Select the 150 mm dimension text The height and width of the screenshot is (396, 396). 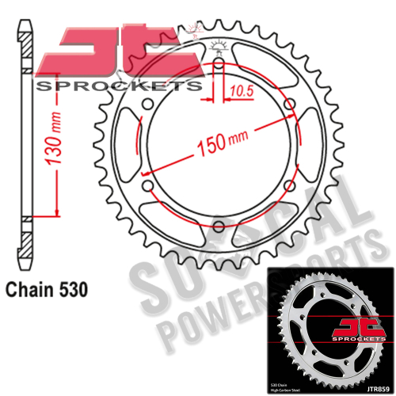(x=215, y=144)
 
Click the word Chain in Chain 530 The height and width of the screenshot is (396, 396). (x=32, y=291)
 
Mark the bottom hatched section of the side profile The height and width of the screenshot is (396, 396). (x=26, y=242)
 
